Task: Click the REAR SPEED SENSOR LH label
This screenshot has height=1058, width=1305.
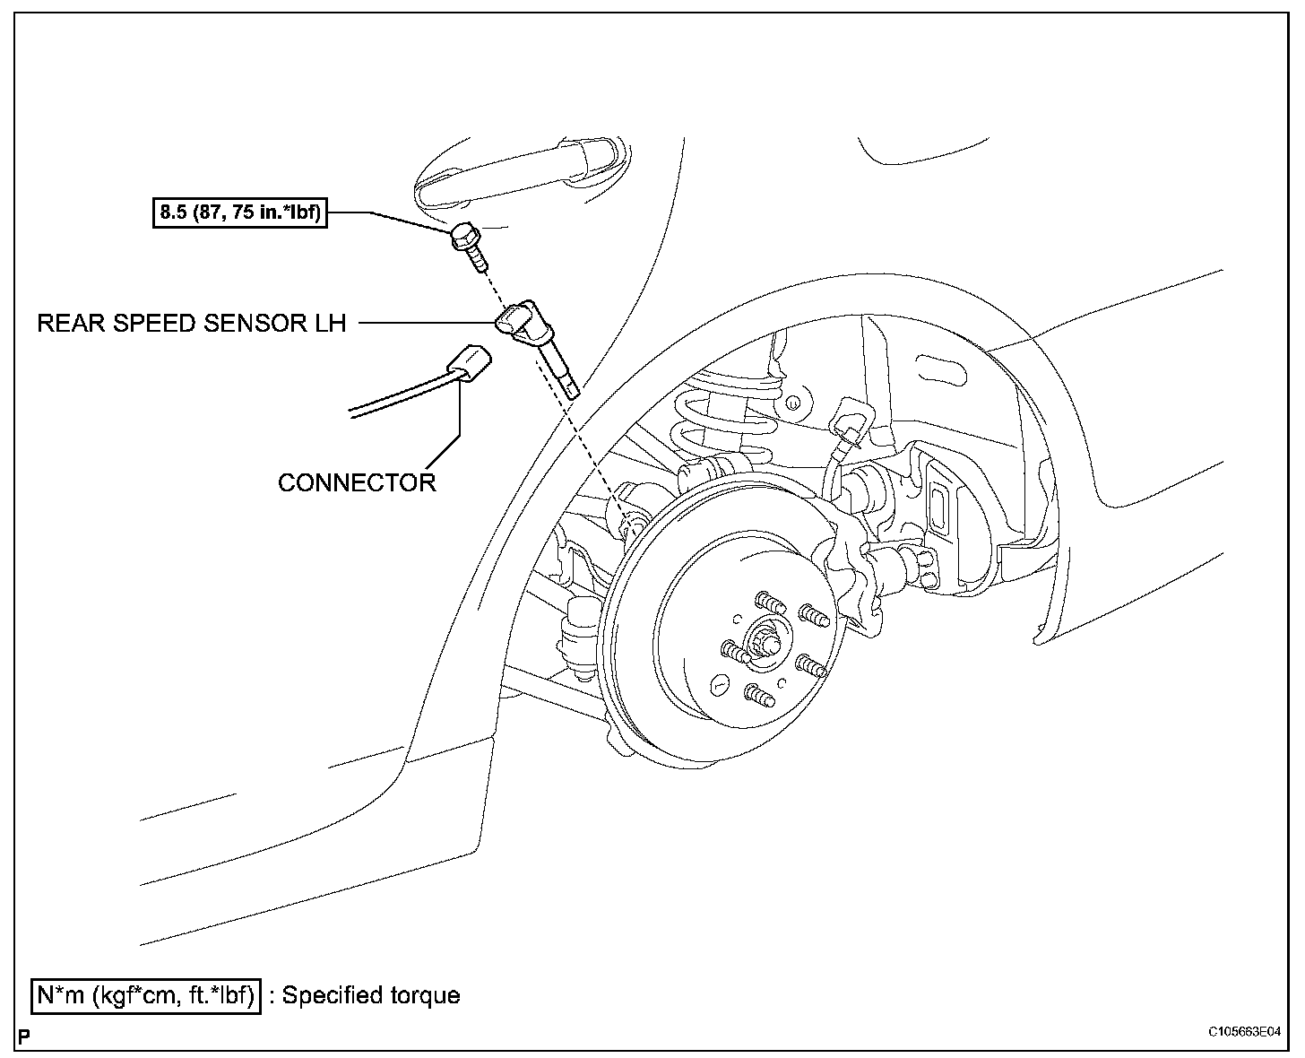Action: pos(191,323)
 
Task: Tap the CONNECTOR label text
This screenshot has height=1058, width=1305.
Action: pos(357,482)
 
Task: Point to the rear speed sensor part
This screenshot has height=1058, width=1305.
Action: pos(538,345)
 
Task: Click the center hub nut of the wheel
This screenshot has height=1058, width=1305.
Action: pos(767,640)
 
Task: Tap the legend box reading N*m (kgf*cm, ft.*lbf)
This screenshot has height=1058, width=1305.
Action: pos(146,995)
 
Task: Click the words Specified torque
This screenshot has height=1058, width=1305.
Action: pos(371,995)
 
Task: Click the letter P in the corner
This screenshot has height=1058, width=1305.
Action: pos(24,1037)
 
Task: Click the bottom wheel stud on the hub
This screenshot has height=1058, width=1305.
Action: pos(758,695)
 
